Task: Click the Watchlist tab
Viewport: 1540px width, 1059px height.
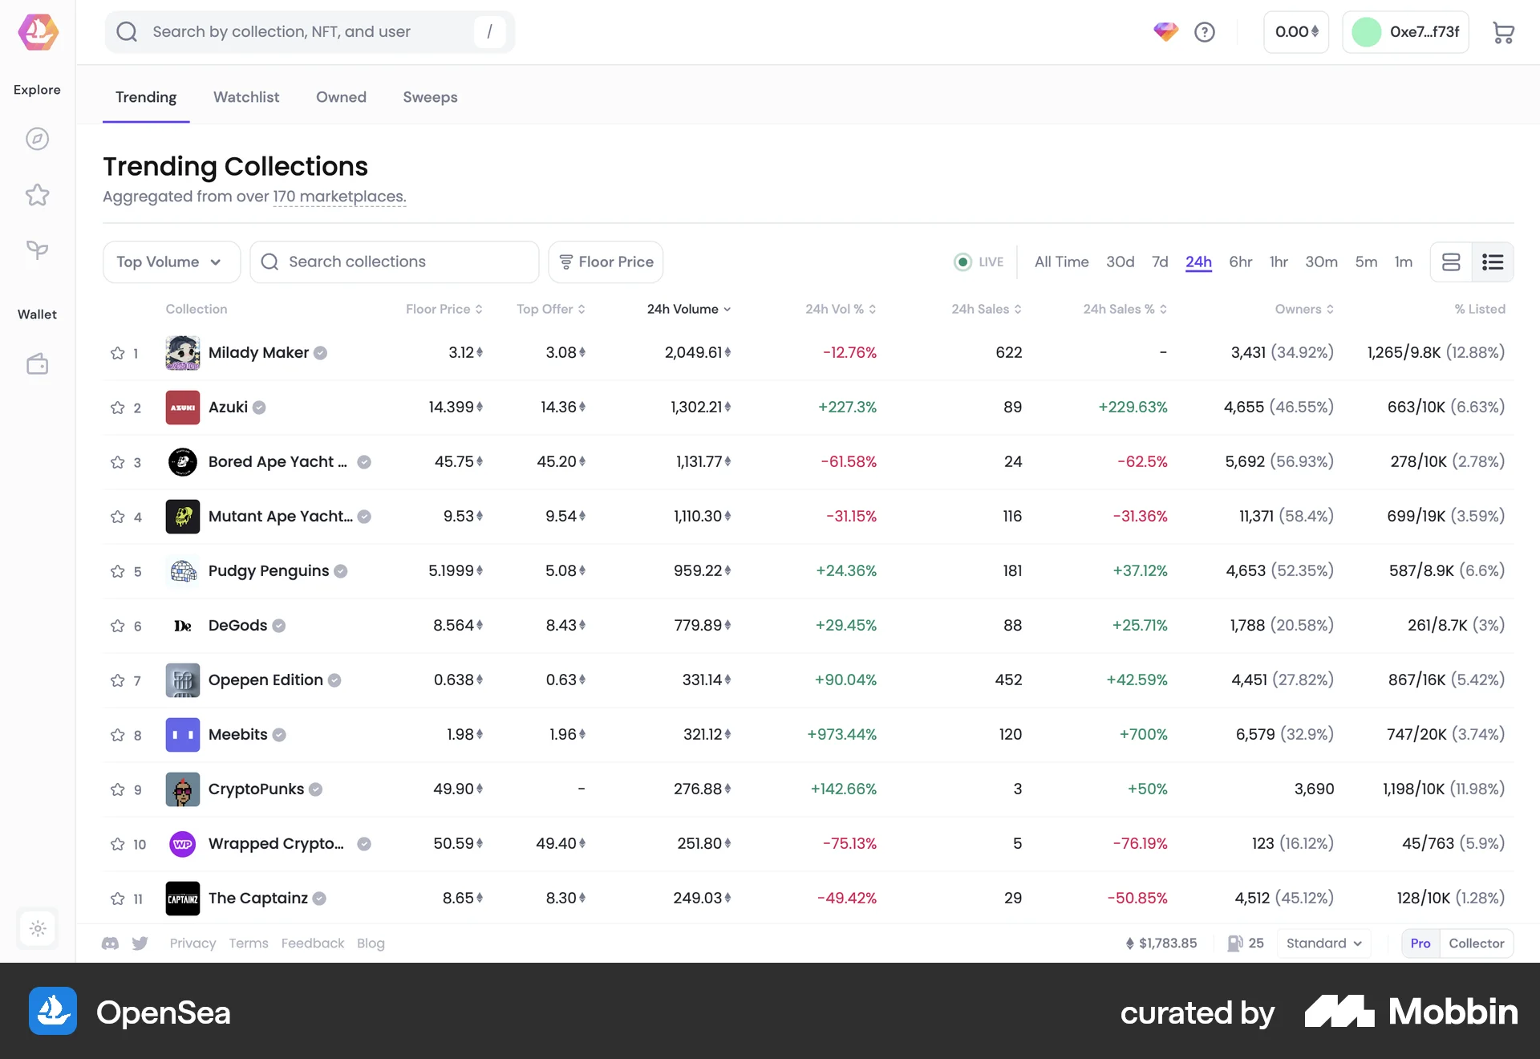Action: pyautogui.click(x=246, y=97)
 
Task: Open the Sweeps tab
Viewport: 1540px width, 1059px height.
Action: pyautogui.click(x=430, y=97)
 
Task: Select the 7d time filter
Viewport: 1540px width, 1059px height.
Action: pyautogui.click(x=1160, y=262)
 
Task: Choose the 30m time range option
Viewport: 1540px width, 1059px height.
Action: pyautogui.click(x=1321, y=262)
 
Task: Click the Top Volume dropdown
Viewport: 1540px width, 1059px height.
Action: pyautogui.click(x=171, y=262)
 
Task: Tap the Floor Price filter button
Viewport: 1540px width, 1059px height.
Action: pyautogui.click(x=606, y=262)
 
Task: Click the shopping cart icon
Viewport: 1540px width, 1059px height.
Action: pyautogui.click(x=1503, y=32)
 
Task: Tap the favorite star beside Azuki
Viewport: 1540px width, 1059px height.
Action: pyautogui.click(x=118, y=408)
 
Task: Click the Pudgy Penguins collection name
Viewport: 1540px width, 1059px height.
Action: pyautogui.click(x=268, y=570)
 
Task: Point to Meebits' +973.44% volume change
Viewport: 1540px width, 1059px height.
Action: pyautogui.click(x=841, y=734)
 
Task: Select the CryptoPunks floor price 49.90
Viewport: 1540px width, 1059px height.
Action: pyautogui.click(x=454, y=789)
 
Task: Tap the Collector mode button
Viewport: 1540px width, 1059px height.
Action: pyautogui.click(x=1476, y=943)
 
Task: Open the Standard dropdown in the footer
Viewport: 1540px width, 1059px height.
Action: pyautogui.click(x=1323, y=943)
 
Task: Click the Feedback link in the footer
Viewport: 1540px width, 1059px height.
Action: pyautogui.click(x=312, y=943)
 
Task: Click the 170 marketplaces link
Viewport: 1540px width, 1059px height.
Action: pyautogui.click(x=339, y=197)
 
